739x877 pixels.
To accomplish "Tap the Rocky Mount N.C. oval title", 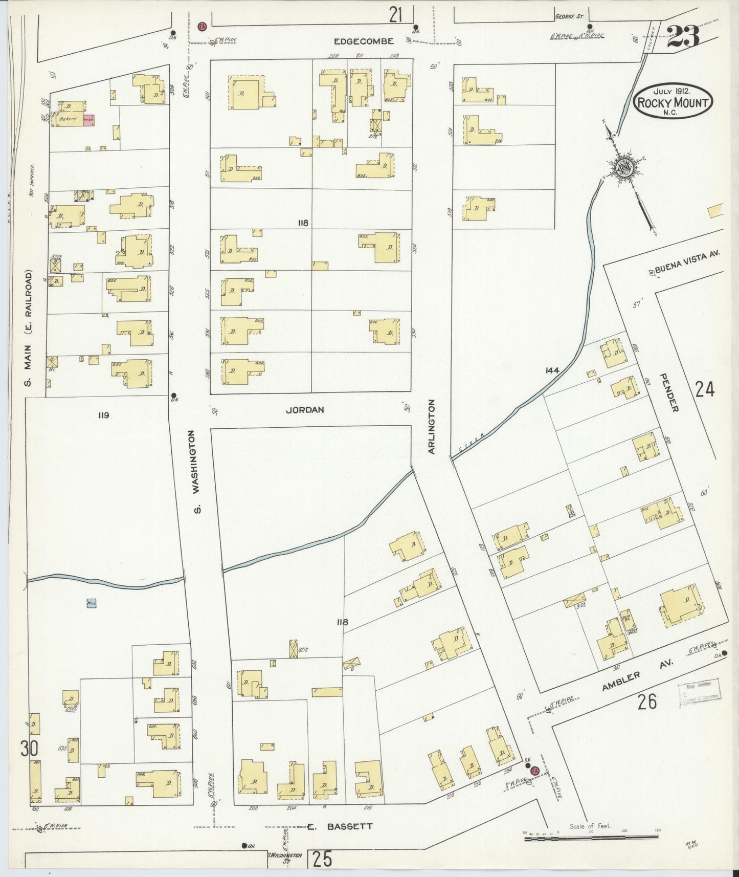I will coord(673,103).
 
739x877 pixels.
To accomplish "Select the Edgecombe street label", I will coord(364,41).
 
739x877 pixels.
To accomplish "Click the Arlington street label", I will coord(431,427).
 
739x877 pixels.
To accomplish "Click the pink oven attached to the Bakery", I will coord(88,121).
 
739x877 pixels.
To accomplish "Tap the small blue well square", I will coord(92,603).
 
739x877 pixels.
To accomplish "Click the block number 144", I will coord(552,370).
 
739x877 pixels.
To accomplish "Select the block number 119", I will coord(104,415).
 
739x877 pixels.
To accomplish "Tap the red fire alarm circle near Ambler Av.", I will coord(535,771).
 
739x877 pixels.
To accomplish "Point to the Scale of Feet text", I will coord(590,826).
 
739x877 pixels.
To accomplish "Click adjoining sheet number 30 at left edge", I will coord(29,749).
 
